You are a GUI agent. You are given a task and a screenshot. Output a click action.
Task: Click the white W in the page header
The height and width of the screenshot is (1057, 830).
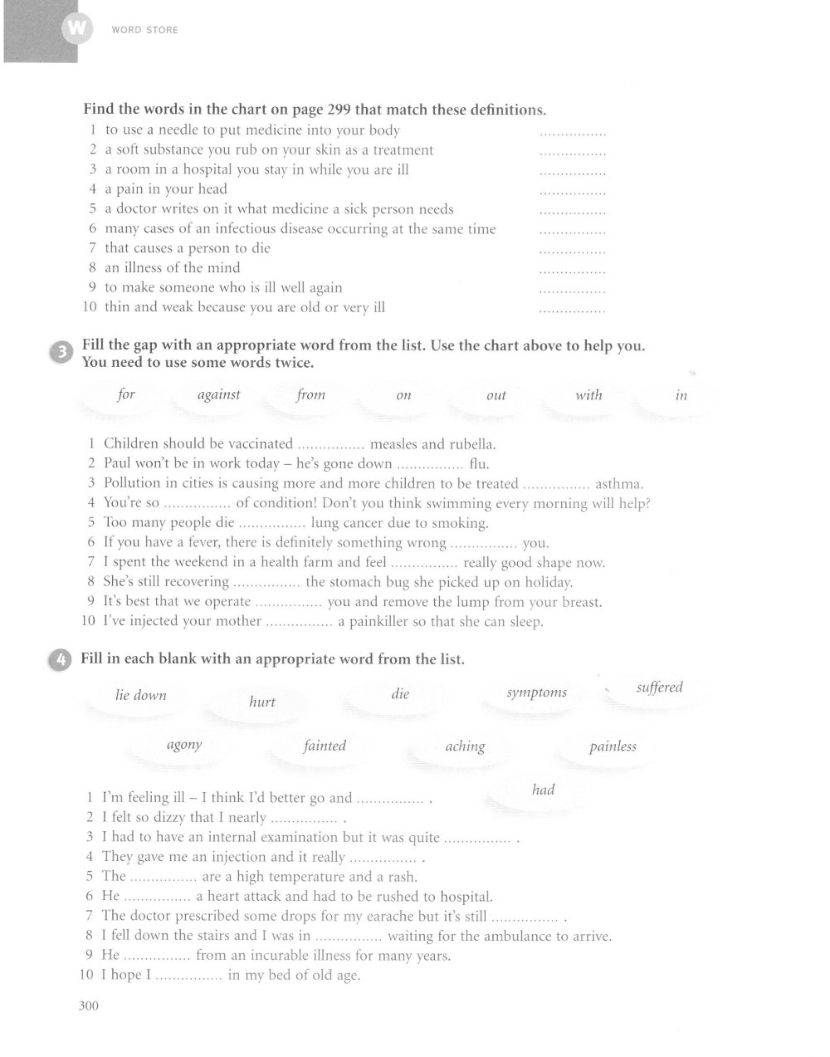click(76, 30)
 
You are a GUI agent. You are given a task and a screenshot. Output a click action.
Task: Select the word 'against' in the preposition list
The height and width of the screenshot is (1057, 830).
click(218, 394)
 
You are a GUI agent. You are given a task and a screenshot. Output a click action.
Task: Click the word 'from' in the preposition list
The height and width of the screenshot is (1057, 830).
click(310, 394)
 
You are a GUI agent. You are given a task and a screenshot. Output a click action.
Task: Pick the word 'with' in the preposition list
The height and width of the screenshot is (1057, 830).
click(588, 394)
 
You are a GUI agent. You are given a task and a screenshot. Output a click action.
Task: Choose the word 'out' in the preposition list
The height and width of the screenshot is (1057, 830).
click(496, 395)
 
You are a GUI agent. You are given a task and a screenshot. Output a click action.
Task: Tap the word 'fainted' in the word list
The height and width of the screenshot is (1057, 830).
click(325, 746)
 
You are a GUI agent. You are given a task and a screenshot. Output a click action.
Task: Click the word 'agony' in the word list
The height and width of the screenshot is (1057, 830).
click(184, 745)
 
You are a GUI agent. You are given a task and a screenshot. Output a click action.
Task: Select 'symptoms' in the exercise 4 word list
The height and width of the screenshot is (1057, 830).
click(537, 692)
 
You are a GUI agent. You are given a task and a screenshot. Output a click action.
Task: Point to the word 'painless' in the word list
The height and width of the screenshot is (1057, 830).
click(613, 746)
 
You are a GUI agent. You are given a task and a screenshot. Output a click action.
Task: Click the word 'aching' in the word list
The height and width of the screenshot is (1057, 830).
click(465, 746)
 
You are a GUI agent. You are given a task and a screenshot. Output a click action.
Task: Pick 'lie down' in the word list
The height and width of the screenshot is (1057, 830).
click(141, 695)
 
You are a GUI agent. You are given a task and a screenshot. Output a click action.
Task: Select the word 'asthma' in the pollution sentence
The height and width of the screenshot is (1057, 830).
click(619, 483)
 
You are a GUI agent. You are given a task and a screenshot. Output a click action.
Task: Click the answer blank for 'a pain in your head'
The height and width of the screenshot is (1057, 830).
click(572, 191)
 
